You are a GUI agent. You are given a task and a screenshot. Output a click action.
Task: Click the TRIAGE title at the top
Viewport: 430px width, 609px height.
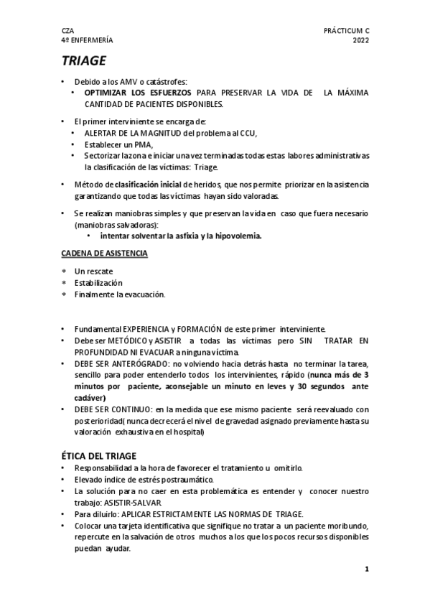(x=83, y=60)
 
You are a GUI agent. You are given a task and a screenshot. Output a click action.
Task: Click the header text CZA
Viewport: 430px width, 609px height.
(x=67, y=31)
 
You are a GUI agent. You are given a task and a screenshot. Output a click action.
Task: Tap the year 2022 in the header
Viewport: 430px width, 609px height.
(x=360, y=40)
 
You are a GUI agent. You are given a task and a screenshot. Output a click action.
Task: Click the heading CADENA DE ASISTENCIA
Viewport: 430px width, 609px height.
(x=103, y=254)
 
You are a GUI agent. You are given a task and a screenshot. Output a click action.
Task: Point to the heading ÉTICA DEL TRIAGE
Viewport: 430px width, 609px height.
(x=106, y=455)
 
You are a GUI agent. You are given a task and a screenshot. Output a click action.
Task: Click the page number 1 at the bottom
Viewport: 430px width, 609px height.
(x=366, y=569)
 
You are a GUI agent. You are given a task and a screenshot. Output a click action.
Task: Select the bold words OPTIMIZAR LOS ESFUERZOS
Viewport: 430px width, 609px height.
(x=139, y=93)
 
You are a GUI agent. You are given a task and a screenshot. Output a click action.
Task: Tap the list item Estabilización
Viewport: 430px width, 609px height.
(x=98, y=283)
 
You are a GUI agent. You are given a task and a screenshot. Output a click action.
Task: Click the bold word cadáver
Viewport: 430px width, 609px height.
(x=89, y=398)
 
